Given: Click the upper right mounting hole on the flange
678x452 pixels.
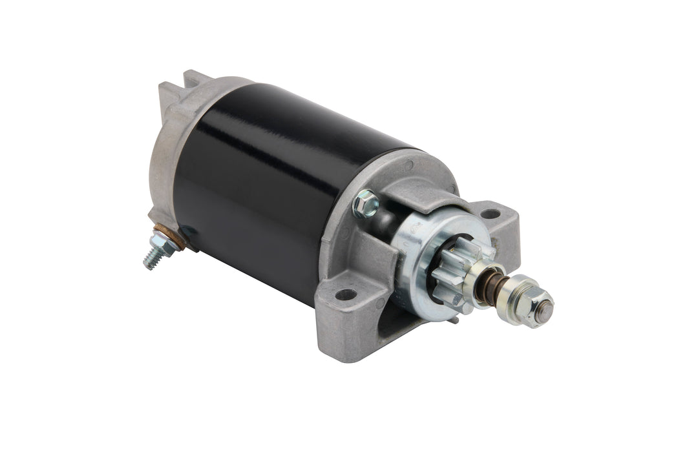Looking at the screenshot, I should (491, 212).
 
